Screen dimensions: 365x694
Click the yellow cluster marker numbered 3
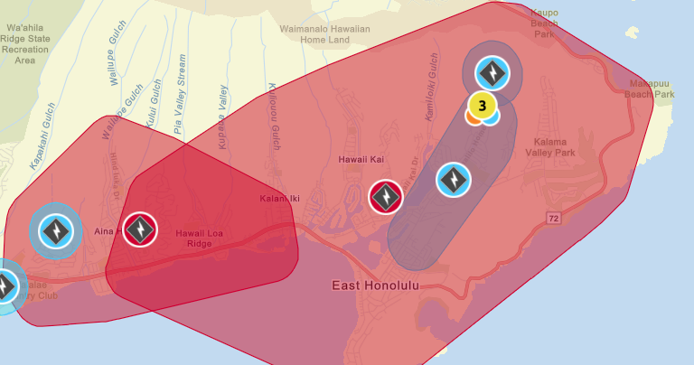click(x=483, y=106)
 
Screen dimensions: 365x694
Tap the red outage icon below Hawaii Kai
click(x=386, y=196)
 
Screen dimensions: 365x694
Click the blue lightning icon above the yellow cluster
click(x=492, y=72)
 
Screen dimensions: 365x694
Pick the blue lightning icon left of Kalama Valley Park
click(x=454, y=179)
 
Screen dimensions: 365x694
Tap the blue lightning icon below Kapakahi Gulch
click(x=55, y=230)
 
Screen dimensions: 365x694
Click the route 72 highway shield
click(x=552, y=218)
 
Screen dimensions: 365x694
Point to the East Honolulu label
click(x=375, y=285)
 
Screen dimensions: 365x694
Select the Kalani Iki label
click(x=279, y=199)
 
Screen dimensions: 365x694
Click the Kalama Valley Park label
click(x=554, y=147)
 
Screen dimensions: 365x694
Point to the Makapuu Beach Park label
click(x=651, y=89)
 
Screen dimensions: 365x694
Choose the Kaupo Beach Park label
click(x=544, y=23)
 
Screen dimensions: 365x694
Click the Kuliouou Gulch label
click(x=272, y=118)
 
